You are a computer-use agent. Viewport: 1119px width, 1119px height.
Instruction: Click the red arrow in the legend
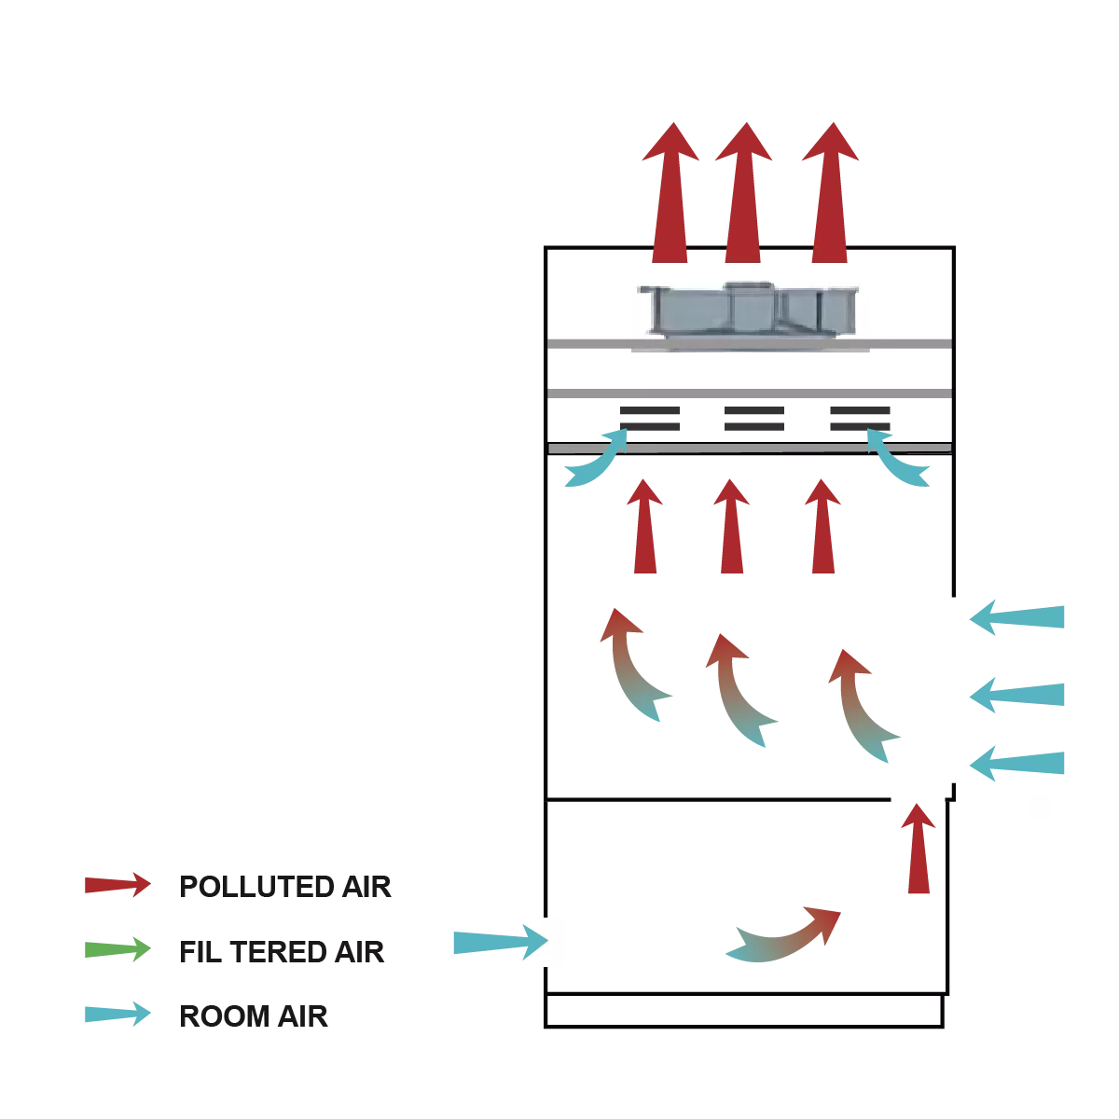coord(116,884)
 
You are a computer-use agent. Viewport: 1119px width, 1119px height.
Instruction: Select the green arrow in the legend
coord(116,950)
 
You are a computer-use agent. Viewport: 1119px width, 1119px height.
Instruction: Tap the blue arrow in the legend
coord(116,1015)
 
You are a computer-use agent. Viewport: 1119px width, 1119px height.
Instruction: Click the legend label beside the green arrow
coord(282,951)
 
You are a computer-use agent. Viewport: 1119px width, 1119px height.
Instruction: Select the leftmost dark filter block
coord(653,417)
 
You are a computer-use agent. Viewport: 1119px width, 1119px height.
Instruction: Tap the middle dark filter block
coord(756,417)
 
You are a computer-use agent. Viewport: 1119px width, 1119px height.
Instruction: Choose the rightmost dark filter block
coord(861,417)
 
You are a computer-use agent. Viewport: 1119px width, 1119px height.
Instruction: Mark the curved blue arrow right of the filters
coord(901,459)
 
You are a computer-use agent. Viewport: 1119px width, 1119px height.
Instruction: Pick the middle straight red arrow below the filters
coord(730,526)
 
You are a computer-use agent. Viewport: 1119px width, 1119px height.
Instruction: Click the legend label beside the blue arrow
coord(254,1015)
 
